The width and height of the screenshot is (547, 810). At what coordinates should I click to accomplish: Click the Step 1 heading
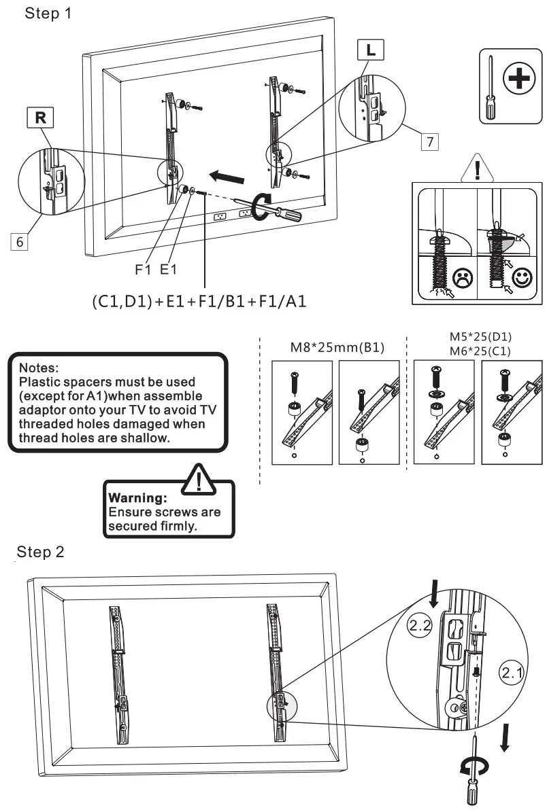(48, 14)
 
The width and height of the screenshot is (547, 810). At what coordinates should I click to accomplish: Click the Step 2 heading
(41, 551)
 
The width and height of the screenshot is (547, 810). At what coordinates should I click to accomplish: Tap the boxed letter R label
(42, 118)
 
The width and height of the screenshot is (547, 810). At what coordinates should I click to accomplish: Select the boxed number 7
(428, 142)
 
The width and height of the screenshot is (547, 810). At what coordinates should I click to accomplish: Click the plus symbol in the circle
(518, 80)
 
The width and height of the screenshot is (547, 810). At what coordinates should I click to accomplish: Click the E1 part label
(168, 270)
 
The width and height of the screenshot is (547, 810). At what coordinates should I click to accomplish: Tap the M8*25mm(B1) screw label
(333, 348)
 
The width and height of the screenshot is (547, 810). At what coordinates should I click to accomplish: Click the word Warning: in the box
(133, 498)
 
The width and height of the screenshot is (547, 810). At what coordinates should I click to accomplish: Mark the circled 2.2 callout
(419, 625)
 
